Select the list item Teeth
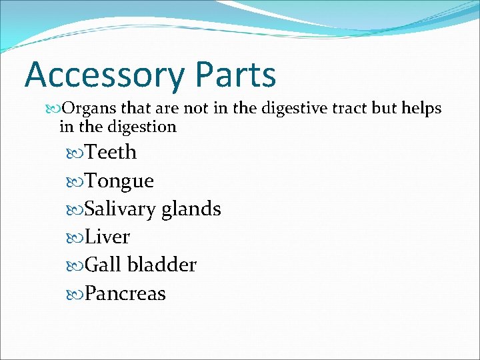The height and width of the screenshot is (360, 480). click(x=111, y=153)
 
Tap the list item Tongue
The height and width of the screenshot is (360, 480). click(x=119, y=181)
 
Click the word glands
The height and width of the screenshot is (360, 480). click(x=192, y=209)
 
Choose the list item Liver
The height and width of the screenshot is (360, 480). click(x=107, y=237)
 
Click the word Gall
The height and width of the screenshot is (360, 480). click(x=103, y=265)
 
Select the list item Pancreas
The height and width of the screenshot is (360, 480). click(x=125, y=294)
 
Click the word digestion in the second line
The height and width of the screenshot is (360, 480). click(x=141, y=126)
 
